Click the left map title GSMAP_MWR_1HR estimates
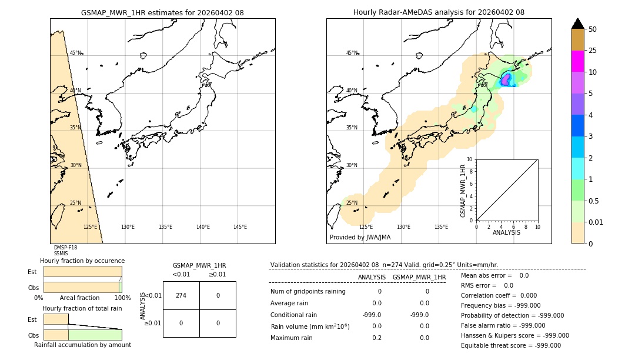[x=162, y=12]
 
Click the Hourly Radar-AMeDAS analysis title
[x=439, y=12]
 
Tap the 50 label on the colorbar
[x=593, y=29]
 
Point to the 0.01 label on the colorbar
[x=596, y=222]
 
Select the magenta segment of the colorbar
[x=577, y=61]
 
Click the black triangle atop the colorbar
[x=577, y=24]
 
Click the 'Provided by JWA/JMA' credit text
[x=360, y=237]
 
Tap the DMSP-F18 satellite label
[x=65, y=248]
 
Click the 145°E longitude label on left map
[x=240, y=227]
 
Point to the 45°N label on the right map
[x=352, y=53]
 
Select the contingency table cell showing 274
[x=181, y=295]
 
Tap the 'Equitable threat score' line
[x=510, y=345]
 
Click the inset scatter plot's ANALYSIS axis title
[x=506, y=232]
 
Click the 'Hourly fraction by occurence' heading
[x=82, y=261]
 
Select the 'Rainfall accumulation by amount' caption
[x=82, y=345]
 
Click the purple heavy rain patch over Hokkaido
[x=505, y=79]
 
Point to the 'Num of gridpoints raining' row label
[x=308, y=291]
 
